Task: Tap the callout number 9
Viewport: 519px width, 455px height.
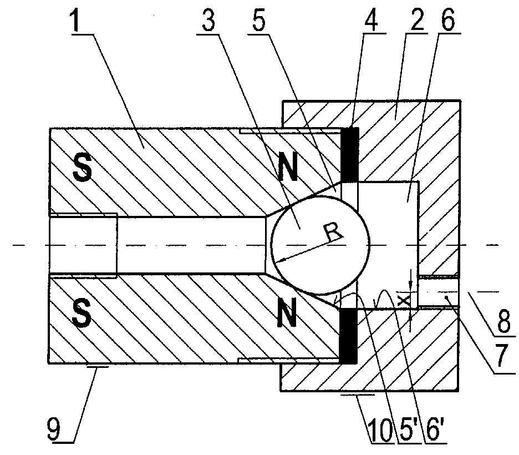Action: tap(54, 430)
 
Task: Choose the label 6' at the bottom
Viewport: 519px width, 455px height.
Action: tap(433, 431)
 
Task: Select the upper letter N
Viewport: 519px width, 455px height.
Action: tap(288, 168)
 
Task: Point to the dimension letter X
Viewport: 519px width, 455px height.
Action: tap(404, 300)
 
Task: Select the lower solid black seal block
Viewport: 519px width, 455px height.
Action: tap(349, 336)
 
